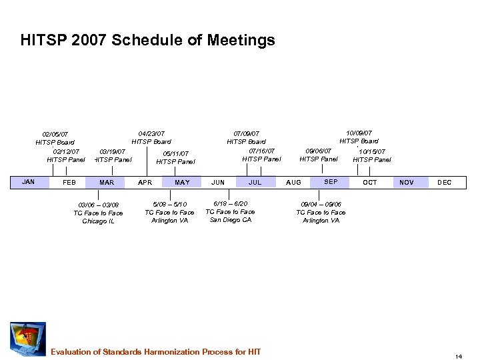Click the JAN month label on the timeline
tap(28, 181)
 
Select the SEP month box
tap(331, 181)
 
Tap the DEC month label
tap(444, 182)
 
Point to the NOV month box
tap(406, 182)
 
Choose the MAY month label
tap(182, 182)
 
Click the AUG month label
tap(293, 182)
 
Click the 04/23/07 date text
tap(151, 133)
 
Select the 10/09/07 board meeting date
tap(359, 133)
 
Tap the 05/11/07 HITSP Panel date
tap(175, 153)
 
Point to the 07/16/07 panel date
tap(261, 151)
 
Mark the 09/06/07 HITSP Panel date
tap(319, 151)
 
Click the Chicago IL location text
tap(98, 221)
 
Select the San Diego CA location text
tap(231, 220)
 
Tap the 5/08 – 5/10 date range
tap(169, 204)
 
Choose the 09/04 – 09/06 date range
tap(321, 204)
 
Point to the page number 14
tap(459, 356)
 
